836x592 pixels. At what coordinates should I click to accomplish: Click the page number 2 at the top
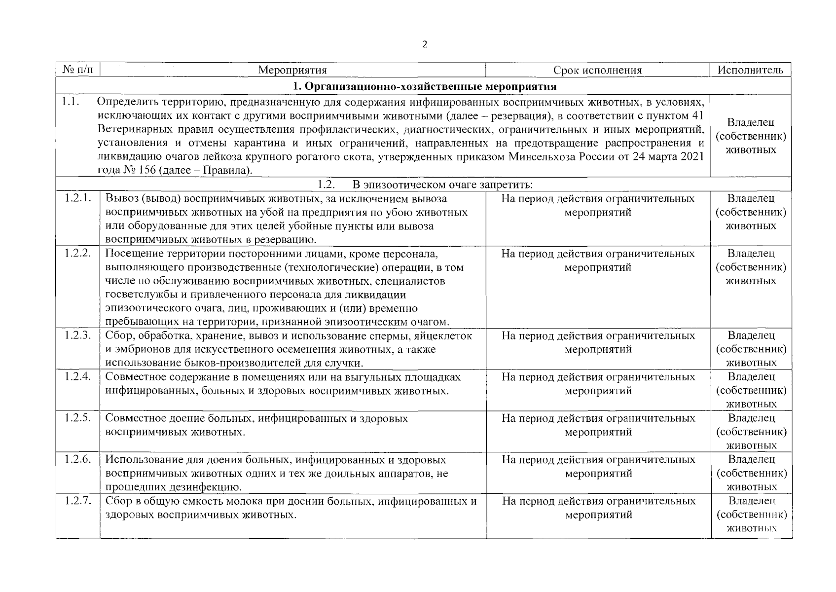click(x=425, y=44)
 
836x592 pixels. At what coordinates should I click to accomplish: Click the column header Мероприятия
click(x=292, y=70)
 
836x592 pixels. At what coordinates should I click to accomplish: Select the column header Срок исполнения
click(x=597, y=70)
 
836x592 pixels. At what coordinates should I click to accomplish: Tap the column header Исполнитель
click(x=750, y=70)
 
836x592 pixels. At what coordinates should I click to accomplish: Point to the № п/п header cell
click(x=78, y=70)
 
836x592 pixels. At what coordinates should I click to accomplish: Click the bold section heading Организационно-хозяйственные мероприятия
click(x=425, y=87)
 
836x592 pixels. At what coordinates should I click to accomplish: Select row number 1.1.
click(x=70, y=102)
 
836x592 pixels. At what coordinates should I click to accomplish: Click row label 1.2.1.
click(x=78, y=199)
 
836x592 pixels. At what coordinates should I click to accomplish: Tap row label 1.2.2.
click(x=78, y=254)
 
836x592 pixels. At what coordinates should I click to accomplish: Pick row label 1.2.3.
click(x=78, y=336)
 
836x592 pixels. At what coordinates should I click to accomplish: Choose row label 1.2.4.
click(x=78, y=377)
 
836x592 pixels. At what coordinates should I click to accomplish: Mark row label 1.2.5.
click(x=78, y=419)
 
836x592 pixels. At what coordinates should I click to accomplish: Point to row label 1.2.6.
click(x=78, y=460)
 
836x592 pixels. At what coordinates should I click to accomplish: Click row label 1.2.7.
click(x=78, y=501)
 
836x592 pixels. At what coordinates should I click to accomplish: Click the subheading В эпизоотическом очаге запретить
click(x=442, y=185)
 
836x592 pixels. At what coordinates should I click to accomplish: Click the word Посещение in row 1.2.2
click(x=129, y=254)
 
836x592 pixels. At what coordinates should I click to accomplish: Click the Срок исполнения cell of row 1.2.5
click(x=598, y=425)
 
